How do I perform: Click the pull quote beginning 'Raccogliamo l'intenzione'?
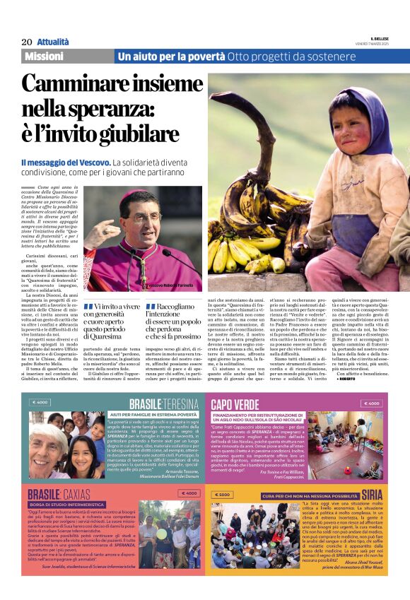tap(174, 322)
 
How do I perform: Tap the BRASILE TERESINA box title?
tap(162, 404)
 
